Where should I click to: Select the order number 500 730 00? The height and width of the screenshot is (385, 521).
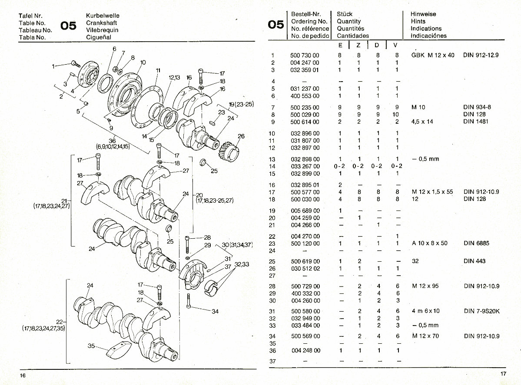pos(304,56)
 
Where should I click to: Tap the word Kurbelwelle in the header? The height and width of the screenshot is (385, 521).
pos(103,15)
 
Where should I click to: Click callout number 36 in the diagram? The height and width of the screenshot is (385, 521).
pos(113,141)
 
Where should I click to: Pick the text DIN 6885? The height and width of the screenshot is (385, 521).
pos(476,244)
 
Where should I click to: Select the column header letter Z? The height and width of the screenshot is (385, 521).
pos(358,45)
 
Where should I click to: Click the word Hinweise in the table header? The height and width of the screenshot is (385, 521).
pos(423,14)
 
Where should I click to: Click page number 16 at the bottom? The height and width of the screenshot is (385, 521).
pos(22,375)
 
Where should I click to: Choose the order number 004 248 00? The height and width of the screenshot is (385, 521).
pos(304,350)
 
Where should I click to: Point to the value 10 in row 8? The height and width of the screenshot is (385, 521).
pos(396,115)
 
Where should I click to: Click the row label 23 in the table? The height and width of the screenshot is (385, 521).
pos(272,244)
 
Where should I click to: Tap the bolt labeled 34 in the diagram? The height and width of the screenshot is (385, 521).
pos(189,300)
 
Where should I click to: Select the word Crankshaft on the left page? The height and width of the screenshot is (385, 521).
pos(102,23)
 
